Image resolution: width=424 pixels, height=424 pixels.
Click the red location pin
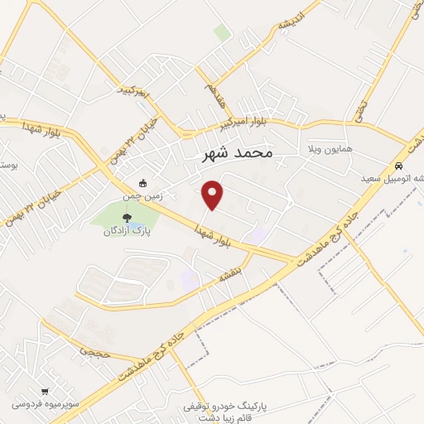coord(214,194)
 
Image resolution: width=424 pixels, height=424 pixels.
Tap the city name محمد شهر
coord(237,153)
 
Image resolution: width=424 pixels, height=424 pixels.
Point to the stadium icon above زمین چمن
coord(143,183)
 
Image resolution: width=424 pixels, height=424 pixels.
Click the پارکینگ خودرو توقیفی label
coord(228,407)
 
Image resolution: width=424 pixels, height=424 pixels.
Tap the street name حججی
coord(89,352)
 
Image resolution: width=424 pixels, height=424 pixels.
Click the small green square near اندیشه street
coord(222,32)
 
